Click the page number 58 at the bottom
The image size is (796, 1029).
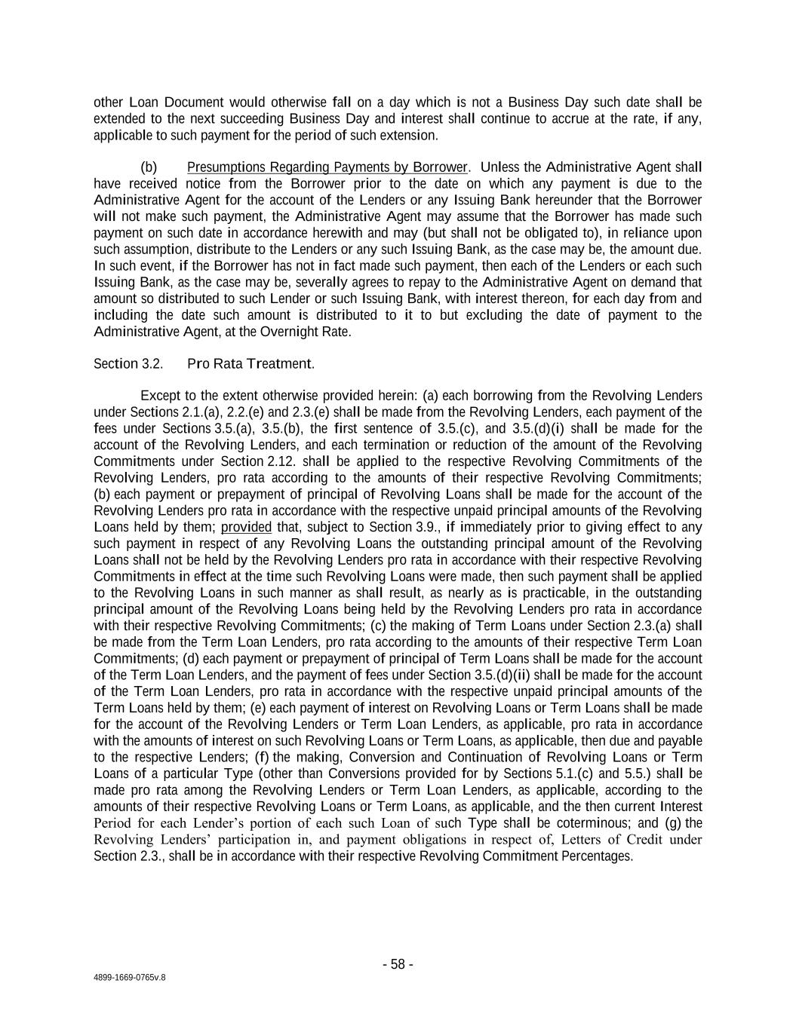click(x=398, y=964)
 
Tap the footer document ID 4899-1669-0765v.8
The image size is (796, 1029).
click(x=129, y=977)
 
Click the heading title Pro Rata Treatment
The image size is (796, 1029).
click(x=250, y=364)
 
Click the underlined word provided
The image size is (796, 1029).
click(x=246, y=527)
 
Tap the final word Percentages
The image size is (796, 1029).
click(x=596, y=856)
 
